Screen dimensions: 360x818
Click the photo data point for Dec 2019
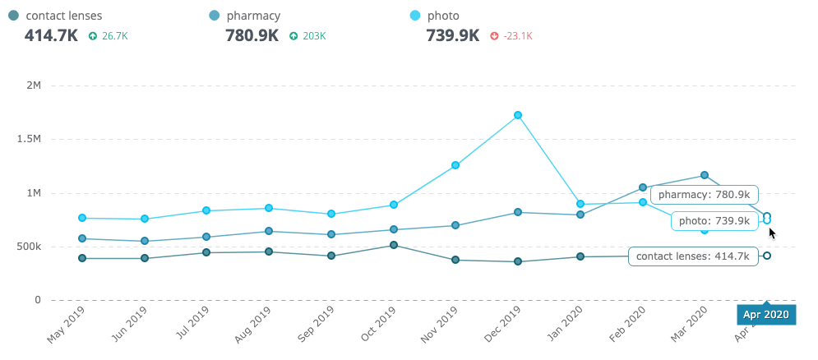(518, 115)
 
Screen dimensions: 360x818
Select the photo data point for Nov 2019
(455, 165)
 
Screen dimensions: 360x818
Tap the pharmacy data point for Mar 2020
(705, 175)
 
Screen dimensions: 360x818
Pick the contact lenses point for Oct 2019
(394, 245)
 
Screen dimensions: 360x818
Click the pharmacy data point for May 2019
(82, 238)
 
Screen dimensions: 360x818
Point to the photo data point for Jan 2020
(580, 204)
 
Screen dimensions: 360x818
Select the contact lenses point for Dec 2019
(518, 261)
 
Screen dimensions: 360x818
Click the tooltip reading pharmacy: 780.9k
(704, 195)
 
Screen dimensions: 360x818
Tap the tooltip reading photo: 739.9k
(714, 221)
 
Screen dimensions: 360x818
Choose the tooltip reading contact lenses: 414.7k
(691, 256)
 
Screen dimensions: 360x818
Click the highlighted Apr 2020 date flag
(766, 314)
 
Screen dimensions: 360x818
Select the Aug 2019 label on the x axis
(259, 326)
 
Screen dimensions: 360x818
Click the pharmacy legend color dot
(215, 16)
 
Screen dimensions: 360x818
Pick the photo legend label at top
(443, 16)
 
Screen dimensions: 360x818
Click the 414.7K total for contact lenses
(52, 35)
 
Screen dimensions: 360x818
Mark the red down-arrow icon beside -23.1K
(494, 36)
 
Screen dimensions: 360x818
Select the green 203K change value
(314, 36)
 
